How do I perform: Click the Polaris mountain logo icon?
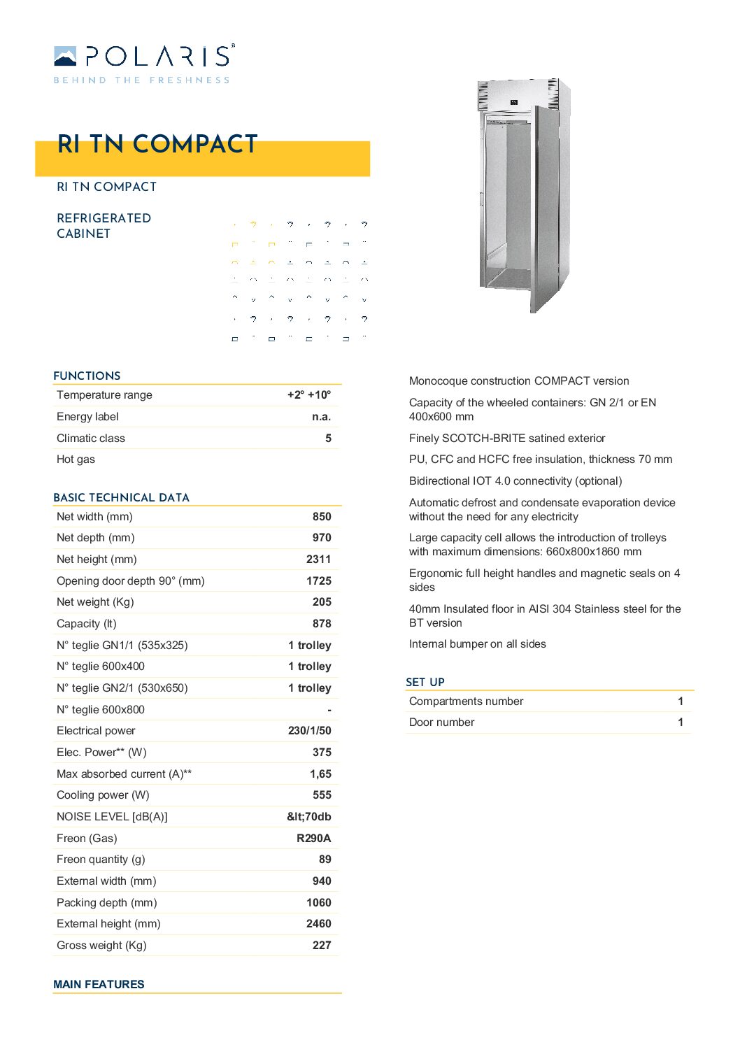click(65, 56)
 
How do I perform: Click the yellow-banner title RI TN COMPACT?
click(157, 144)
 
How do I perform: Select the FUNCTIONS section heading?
click(87, 376)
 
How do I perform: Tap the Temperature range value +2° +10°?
click(309, 395)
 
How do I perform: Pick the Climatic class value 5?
click(328, 439)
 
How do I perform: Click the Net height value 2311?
click(318, 560)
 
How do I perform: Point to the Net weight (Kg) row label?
click(95, 602)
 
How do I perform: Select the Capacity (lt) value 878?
click(322, 624)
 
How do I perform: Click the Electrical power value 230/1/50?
click(309, 731)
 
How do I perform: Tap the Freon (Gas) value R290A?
click(313, 839)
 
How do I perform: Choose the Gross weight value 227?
click(322, 946)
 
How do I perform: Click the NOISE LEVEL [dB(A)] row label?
click(112, 817)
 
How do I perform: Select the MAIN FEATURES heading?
click(99, 985)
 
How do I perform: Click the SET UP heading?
click(425, 682)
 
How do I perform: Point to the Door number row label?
click(441, 722)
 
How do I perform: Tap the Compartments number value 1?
click(681, 701)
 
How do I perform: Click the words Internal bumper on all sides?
click(477, 644)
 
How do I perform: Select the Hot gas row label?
click(76, 460)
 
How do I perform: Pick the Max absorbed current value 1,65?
click(320, 774)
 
